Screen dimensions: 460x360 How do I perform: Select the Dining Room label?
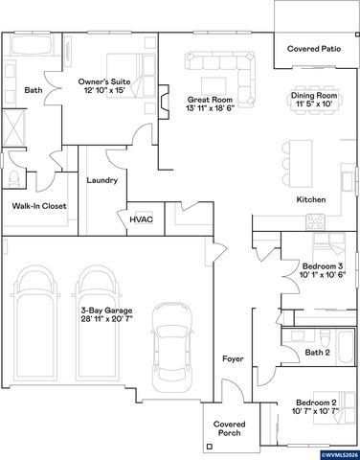313,96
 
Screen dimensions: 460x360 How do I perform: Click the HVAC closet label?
141,218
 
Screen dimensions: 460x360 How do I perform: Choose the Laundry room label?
101,180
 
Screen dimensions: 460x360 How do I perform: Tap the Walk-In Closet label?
39,205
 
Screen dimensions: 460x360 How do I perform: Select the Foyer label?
233,358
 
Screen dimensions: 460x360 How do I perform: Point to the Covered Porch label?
230,428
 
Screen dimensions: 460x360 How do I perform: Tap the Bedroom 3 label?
322,265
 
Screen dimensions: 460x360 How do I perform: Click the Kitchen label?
311,199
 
